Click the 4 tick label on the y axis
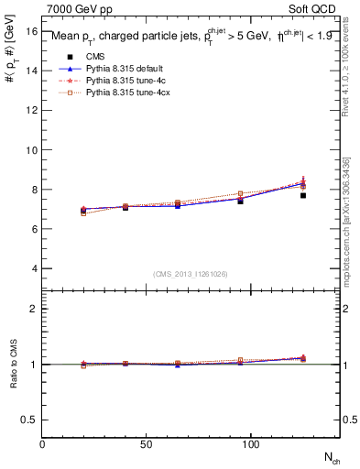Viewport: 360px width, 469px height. (34, 268)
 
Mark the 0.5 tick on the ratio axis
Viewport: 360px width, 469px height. (29, 420)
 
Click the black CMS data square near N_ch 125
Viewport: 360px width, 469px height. (303, 195)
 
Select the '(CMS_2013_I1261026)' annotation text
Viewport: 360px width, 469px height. (191, 274)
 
